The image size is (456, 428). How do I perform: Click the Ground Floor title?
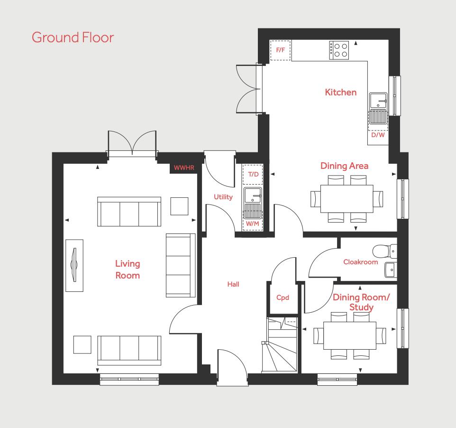tap(73, 37)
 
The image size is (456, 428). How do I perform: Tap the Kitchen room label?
tap(340, 93)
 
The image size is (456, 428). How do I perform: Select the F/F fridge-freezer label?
tap(280, 50)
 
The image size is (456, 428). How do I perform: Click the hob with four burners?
tap(339, 50)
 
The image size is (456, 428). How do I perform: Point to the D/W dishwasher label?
tap(378, 135)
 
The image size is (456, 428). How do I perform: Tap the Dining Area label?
tap(344, 166)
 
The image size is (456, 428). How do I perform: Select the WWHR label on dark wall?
tap(184, 167)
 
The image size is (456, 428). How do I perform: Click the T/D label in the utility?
tap(253, 174)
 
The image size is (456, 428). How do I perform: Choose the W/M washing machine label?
tap(253, 223)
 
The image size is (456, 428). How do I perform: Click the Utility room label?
tap(223, 197)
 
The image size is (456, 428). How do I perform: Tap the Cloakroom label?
tap(361, 262)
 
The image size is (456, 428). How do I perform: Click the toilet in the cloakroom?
tap(384, 251)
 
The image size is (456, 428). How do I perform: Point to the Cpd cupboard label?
tap(283, 298)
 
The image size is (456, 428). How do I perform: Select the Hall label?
tap(233, 284)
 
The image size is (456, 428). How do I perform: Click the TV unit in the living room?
tap(74, 265)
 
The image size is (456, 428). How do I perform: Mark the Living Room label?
tap(128, 270)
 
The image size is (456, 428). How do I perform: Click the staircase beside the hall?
tap(280, 345)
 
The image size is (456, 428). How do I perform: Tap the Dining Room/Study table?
tap(350, 335)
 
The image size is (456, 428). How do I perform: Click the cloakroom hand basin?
tap(391, 270)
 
